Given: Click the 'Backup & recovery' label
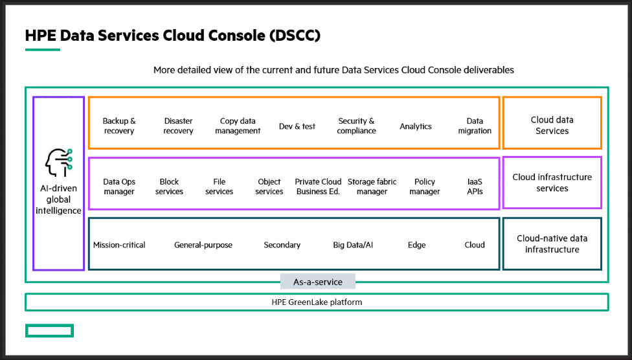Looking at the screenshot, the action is point(119,126).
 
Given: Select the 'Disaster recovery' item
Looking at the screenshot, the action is point(178,126).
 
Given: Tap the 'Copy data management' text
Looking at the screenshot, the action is point(238,126).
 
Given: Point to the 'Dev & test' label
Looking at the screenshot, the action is point(297,126).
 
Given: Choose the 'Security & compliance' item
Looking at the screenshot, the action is point(356,126).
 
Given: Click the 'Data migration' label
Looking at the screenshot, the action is point(475,126).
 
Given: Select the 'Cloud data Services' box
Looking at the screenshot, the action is point(552,123).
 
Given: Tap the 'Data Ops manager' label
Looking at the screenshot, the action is point(119,186).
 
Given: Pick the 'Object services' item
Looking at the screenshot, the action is point(269,186).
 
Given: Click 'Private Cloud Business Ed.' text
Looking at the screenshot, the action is point(318,186).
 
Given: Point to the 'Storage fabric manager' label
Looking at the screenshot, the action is point(372,186).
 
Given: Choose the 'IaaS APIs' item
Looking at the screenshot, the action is point(475,186).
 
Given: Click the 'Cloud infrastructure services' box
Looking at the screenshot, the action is point(552,183).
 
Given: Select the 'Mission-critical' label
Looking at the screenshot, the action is point(119,245).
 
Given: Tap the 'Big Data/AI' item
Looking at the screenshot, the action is point(353,245).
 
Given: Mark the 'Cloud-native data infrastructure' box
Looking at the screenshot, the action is point(552,244).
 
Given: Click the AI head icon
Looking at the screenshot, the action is point(58,163).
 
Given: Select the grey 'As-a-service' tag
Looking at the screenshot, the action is point(318,282).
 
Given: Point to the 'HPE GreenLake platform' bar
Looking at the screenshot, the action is point(317,302).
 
